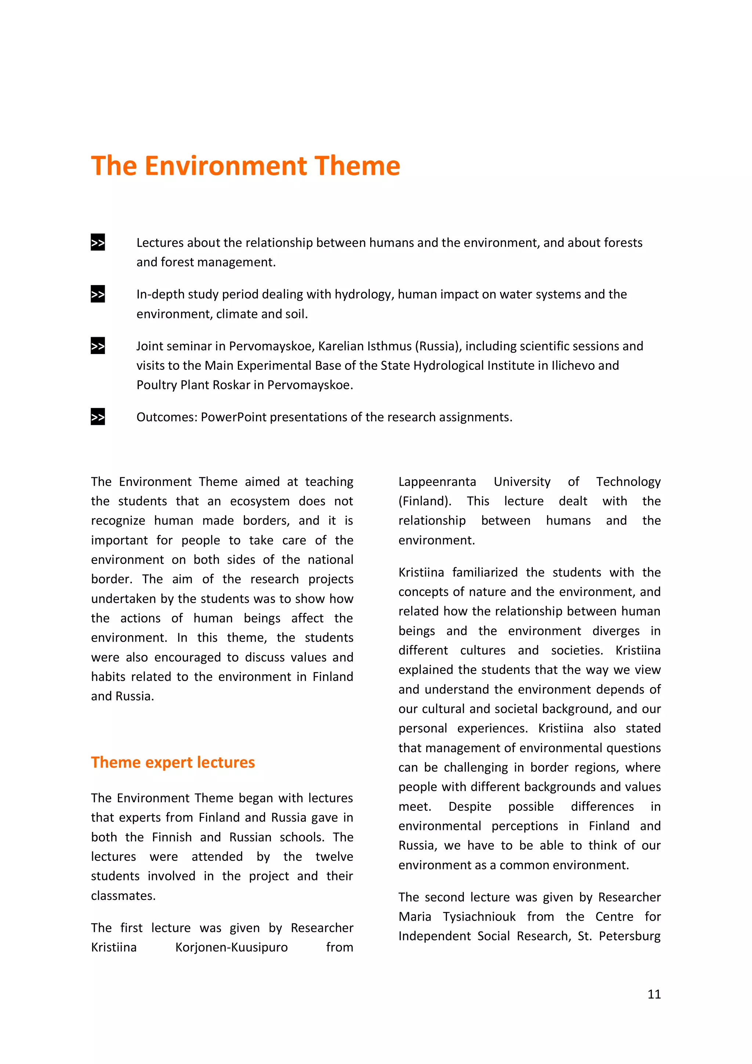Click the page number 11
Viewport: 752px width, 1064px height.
[x=654, y=993]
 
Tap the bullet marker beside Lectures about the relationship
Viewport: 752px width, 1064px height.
[x=98, y=242]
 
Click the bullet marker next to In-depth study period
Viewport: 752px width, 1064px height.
[x=98, y=294]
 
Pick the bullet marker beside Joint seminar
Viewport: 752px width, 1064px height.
[x=98, y=346]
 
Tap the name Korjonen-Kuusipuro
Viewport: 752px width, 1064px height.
[x=231, y=947]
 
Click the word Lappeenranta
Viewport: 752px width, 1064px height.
[x=437, y=481]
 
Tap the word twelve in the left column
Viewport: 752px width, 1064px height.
[x=334, y=856]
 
